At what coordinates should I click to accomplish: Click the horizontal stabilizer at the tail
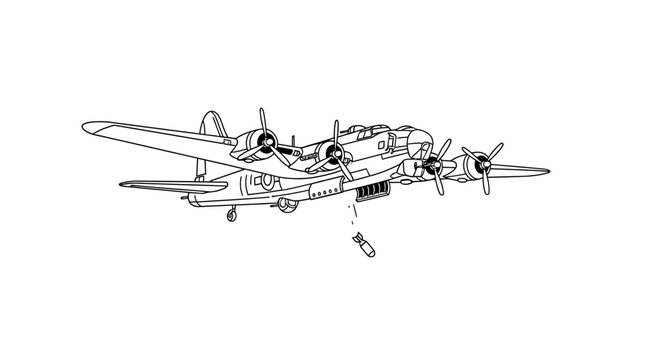(160, 185)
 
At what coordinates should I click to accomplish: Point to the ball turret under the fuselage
(288, 205)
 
